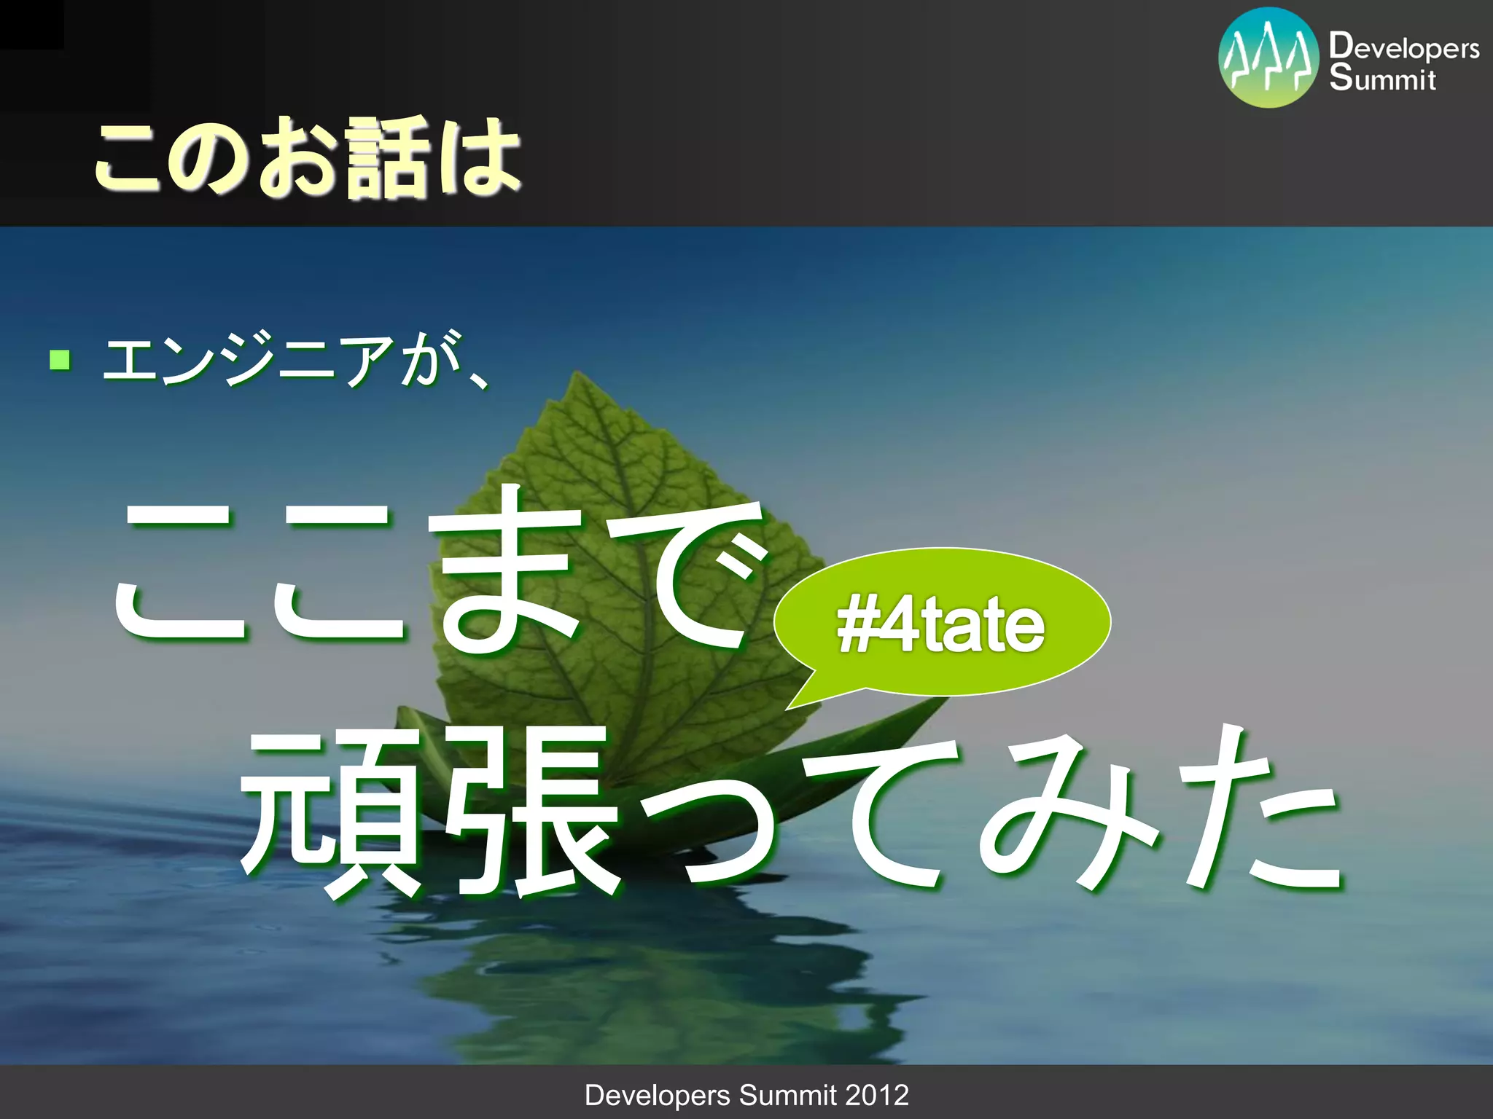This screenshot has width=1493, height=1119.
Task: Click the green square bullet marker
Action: tap(60, 360)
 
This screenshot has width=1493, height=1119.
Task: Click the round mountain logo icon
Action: tap(1268, 58)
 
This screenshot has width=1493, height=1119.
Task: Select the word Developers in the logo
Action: tap(1404, 47)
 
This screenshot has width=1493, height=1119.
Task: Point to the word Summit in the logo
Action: tap(1382, 78)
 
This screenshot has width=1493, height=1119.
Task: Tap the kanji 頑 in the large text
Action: tap(332, 812)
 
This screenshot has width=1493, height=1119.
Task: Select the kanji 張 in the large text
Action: tap(536, 812)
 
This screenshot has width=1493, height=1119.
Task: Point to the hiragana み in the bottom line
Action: tap(1068, 812)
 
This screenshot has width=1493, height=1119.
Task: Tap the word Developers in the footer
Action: tap(657, 1095)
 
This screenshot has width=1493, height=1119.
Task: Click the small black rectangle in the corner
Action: tap(31, 24)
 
